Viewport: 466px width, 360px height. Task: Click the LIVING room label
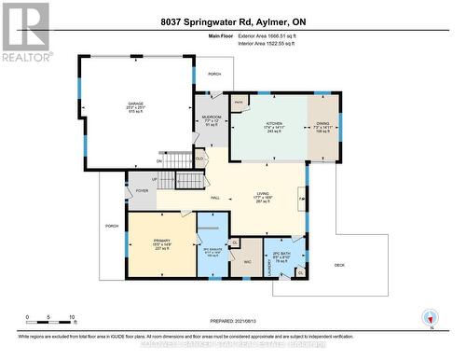click(x=263, y=196)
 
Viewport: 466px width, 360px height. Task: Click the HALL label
click(x=214, y=198)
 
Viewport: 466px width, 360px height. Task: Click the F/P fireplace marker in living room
click(x=300, y=199)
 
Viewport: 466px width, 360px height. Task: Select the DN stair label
click(x=159, y=161)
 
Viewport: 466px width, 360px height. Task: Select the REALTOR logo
click(x=25, y=32)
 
